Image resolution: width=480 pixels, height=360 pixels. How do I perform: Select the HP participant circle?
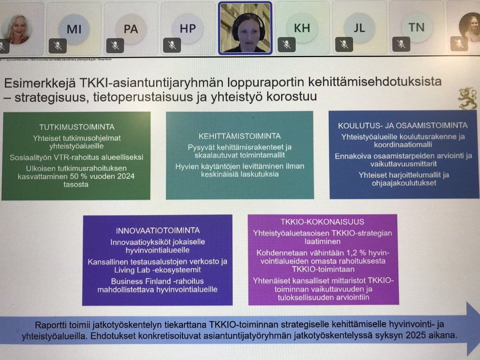[x=188, y=28]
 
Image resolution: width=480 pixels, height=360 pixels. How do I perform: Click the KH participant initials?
[x=302, y=28]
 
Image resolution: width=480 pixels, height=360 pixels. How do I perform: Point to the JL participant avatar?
[x=360, y=28]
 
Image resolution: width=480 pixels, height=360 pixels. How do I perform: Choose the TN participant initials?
[x=417, y=28]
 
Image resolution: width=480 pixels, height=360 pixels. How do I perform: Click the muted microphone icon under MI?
[x=58, y=46]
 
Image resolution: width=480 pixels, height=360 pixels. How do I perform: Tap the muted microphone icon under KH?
[x=286, y=44]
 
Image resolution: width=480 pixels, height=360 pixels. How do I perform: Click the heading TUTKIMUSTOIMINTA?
[x=77, y=127]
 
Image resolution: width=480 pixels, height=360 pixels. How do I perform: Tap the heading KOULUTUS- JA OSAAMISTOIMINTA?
[x=403, y=126]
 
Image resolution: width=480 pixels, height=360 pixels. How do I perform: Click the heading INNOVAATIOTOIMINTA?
[x=158, y=231]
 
